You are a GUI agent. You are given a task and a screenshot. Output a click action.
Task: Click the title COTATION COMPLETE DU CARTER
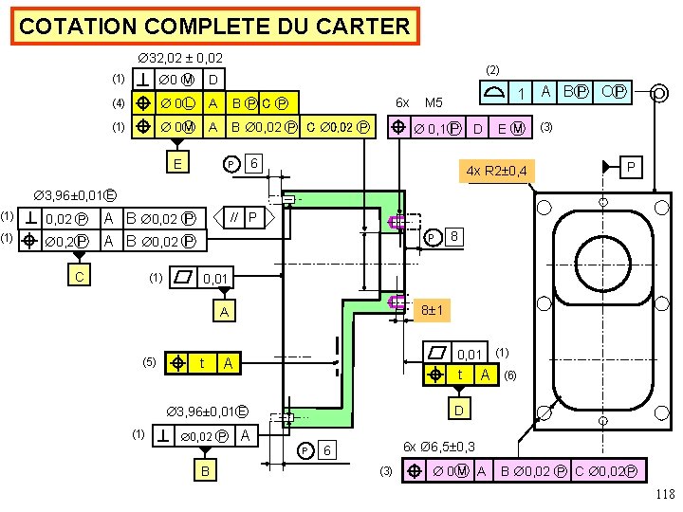coord(214,27)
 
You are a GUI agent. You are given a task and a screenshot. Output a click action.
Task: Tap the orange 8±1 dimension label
coord(435,310)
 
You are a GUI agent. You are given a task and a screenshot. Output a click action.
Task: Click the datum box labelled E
coord(177,163)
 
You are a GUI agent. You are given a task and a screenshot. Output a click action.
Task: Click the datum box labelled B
coord(204,469)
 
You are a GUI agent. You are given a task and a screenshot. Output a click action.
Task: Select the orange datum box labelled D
coord(460,410)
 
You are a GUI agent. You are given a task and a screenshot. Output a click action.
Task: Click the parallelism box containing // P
coord(246,218)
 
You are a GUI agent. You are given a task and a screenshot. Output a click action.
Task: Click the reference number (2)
coord(491,69)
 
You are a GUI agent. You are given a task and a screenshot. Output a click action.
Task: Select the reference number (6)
coord(510,375)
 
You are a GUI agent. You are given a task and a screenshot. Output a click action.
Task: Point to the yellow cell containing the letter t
coord(202,362)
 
